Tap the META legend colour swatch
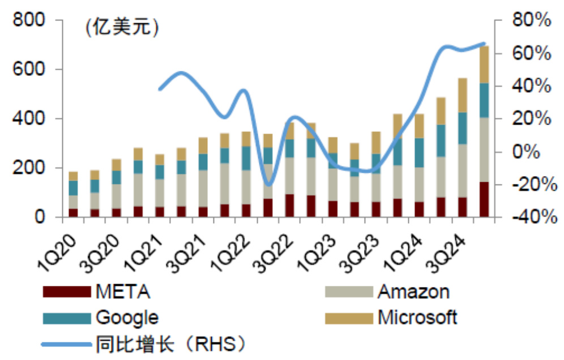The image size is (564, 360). (66, 292)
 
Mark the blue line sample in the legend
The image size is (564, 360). (66, 343)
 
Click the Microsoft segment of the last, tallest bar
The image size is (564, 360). (484, 65)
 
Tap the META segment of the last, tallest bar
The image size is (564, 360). (484, 199)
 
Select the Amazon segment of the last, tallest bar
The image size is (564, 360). (484, 149)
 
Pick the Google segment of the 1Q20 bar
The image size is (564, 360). (73, 188)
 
